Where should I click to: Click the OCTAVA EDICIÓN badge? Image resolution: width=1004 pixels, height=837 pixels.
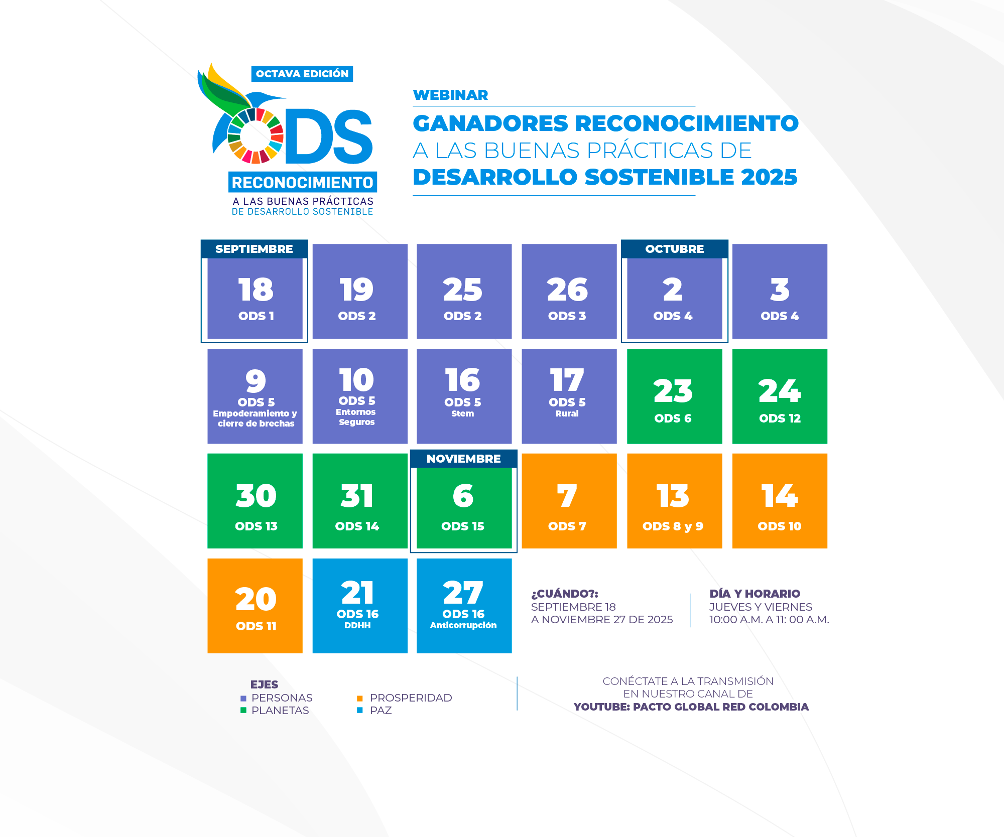302,74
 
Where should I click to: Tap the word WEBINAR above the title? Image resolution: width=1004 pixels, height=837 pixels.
450,95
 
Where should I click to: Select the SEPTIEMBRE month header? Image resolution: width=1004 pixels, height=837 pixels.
254,249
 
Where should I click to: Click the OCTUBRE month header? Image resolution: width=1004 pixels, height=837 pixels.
674,249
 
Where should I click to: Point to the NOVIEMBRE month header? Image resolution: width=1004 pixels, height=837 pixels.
463,459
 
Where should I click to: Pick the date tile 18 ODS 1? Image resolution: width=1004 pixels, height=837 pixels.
255,299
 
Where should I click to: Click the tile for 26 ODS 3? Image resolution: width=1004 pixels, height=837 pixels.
569,292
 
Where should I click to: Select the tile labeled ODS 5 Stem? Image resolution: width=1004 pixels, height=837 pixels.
464,396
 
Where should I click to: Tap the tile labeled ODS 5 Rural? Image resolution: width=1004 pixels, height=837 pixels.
569,396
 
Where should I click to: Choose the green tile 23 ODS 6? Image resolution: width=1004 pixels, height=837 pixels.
674,396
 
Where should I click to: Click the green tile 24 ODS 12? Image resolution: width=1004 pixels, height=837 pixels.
779,396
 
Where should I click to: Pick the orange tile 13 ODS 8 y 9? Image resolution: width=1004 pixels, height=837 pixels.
674,501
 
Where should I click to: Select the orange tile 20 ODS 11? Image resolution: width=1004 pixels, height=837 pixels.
255,606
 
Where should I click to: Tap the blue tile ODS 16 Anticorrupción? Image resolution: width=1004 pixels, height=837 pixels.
464,606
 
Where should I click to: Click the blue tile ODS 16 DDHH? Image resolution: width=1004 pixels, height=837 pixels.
359,606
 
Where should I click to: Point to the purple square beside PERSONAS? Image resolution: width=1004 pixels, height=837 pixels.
243,698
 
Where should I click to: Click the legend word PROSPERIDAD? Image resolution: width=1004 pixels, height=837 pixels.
411,698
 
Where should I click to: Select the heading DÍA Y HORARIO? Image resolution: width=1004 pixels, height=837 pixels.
755,594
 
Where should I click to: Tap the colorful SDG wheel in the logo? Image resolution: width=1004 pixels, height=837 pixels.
256,136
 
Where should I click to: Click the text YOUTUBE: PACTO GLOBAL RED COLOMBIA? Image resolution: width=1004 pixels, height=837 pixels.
691,707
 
